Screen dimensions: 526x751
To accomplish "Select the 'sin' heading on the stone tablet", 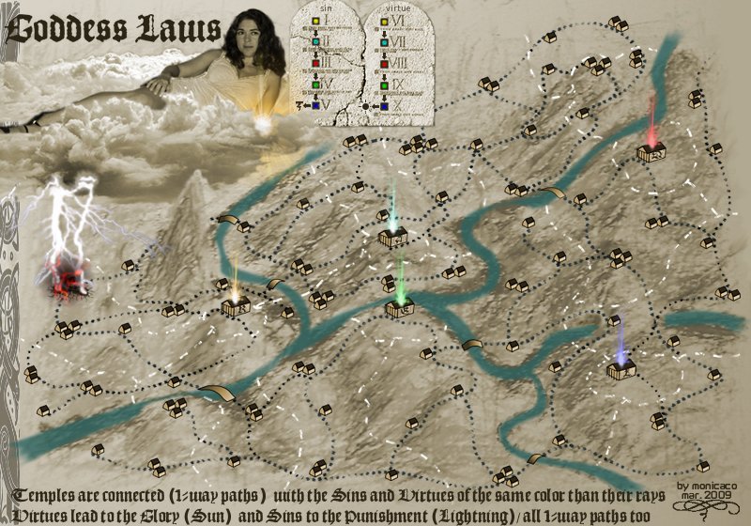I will [328, 8].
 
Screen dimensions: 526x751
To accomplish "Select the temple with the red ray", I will [651, 151].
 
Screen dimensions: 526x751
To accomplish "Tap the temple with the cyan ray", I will [392, 238].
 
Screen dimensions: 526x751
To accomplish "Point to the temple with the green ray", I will [400, 305].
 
